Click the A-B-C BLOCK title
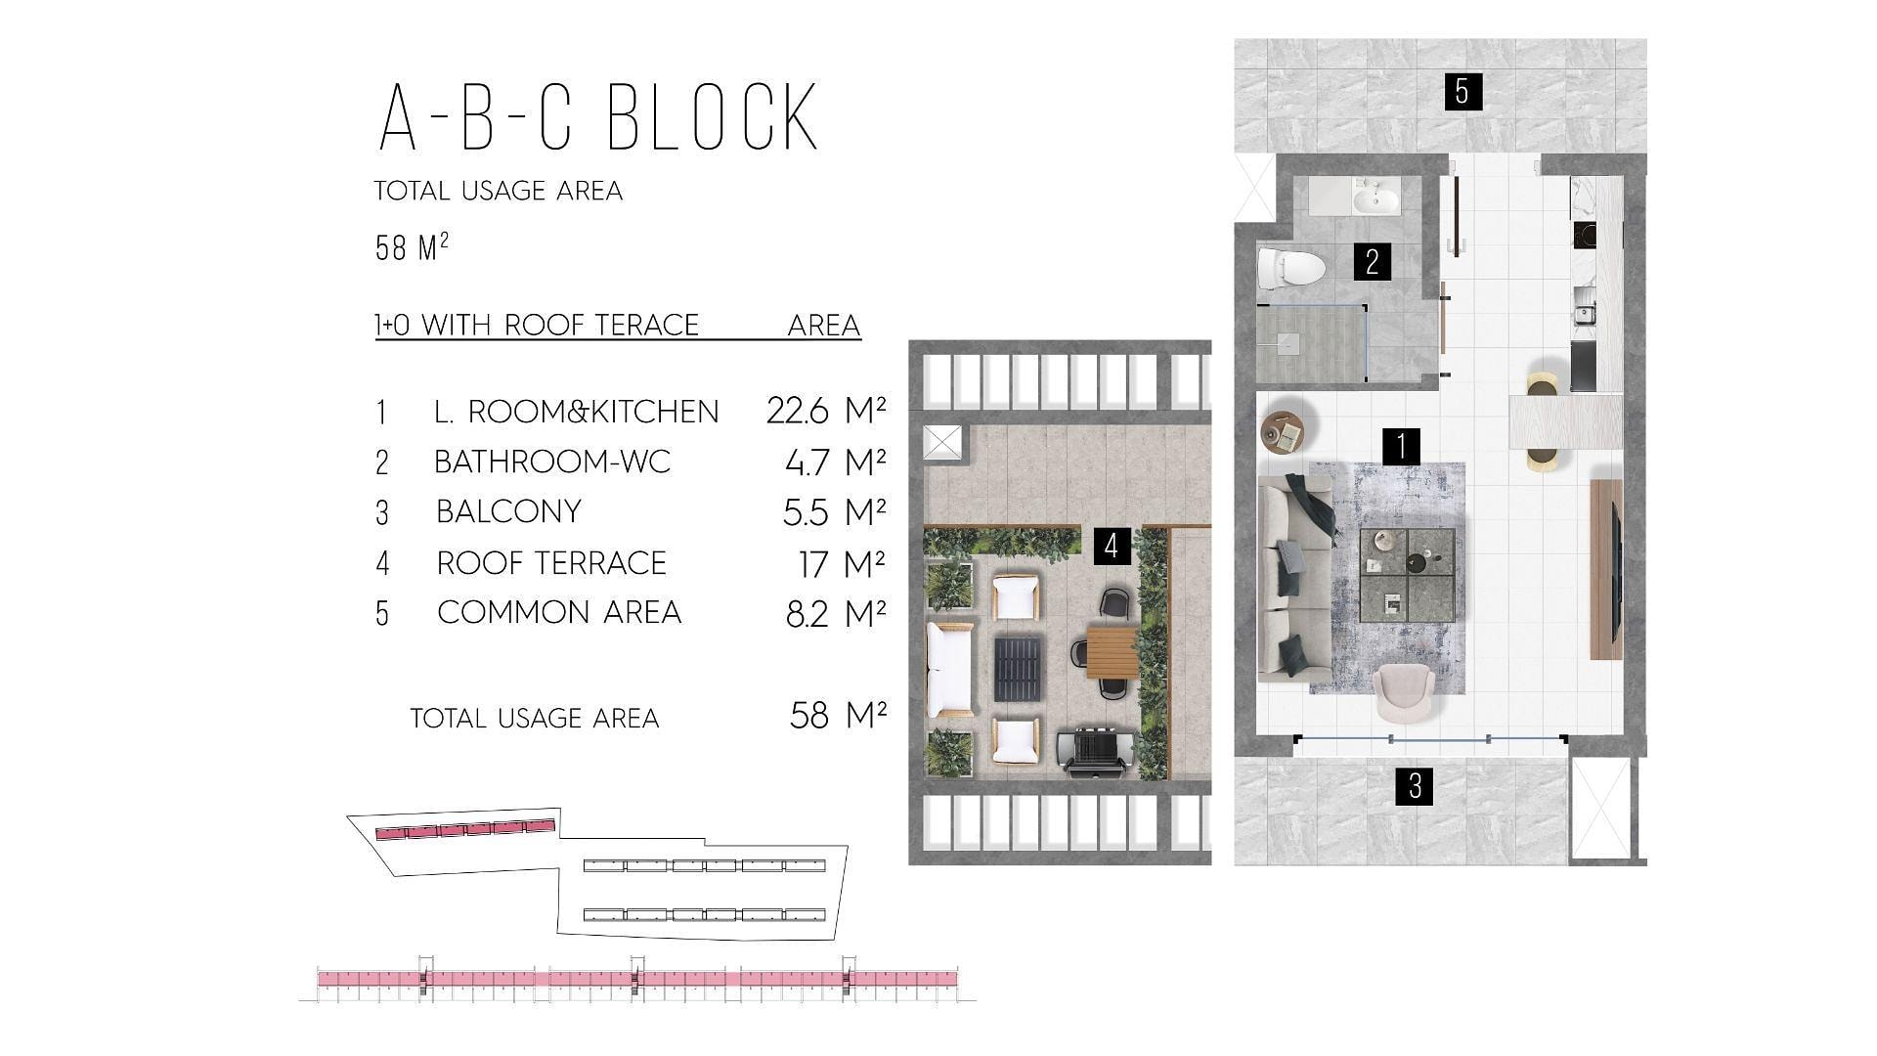coord(597,116)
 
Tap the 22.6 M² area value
coord(826,411)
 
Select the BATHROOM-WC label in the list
coord(552,462)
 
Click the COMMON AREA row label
coord(559,612)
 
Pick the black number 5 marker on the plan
coord(1462,91)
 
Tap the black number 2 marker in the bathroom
coord(1373,262)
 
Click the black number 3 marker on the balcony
coord(1415,785)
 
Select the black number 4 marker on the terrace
coord(1111,546)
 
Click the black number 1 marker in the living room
coord(1402,446)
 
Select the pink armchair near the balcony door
coord(1406,692)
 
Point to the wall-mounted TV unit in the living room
coord(1606,569)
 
